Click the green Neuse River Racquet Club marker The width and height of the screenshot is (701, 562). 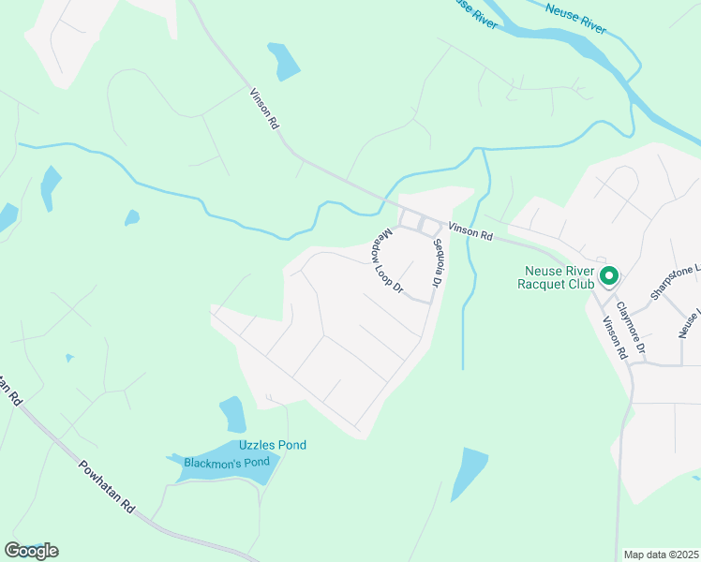[608, 275]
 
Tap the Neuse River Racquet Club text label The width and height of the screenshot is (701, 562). [560, 275]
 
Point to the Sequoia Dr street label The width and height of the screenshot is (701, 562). [436, 263]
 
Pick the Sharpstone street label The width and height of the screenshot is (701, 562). [675, 281]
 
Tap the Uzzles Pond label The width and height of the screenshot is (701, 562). [273, 445]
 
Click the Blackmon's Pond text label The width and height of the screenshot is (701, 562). [227, 462]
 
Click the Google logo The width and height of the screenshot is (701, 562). [31, 551]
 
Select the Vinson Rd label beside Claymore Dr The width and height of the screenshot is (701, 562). [614, 338]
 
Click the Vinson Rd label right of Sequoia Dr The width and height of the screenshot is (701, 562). [470, 231]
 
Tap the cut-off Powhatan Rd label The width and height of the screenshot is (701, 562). [9, 389]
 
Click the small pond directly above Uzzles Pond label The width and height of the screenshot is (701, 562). [232, 413]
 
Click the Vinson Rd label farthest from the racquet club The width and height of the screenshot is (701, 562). [265, 109]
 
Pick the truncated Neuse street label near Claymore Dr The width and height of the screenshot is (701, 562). [689, 324]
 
